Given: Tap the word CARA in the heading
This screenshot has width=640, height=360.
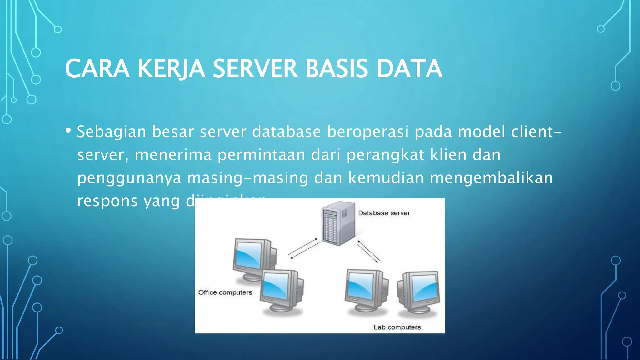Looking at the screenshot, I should (x=97, y=69).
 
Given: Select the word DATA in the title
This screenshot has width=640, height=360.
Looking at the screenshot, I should (x=409, y=69).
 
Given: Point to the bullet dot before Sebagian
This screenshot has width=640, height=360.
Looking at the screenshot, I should (x=68, y=130).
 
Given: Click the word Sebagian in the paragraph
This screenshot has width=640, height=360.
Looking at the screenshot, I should (x=112, y=132).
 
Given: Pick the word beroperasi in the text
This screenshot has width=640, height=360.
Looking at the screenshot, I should (x=367, y=132).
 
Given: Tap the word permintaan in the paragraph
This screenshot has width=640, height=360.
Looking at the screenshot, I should (x=261, y=155).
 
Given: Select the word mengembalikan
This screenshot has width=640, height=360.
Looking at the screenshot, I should (x=491, y=178).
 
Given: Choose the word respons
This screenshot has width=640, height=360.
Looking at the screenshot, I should (x=107, y=201).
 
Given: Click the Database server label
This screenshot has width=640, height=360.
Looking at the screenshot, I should (x=384, y=213).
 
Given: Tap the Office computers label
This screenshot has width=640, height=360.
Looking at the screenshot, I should (x=225, y=292).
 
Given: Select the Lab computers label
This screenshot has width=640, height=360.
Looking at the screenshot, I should (x=397, y=327).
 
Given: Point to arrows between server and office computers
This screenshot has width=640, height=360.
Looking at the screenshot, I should (x=303, y=249).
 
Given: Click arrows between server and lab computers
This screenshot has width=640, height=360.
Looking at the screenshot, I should (x=368, y=251).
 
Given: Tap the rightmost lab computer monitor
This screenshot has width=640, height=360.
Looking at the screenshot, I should (x=419, y=291).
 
